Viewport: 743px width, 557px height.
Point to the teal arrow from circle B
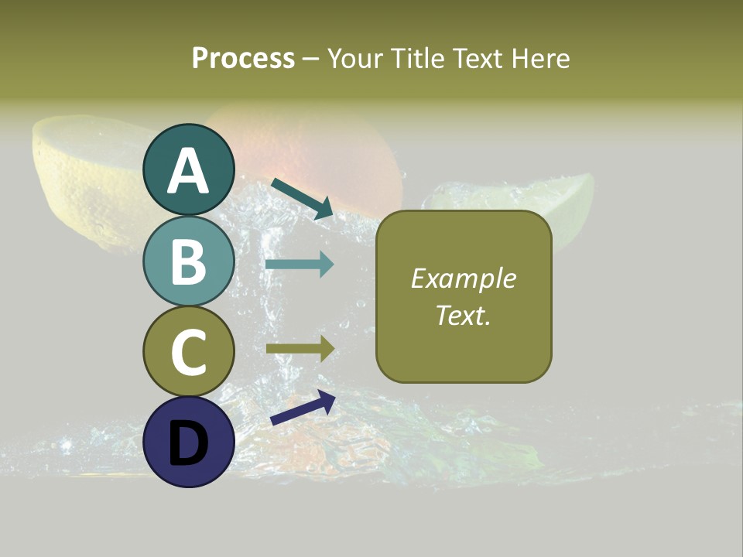tap(300, 265)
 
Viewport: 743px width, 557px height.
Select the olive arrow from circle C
tap(300, 349)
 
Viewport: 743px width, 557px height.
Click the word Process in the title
tap(243, 59)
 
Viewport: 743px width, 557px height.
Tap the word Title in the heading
tap(417, 59)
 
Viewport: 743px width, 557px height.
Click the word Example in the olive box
tap(464, 278)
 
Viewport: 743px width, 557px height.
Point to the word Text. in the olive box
tap(464, 316)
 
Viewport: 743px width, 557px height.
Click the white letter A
tap(188, 172)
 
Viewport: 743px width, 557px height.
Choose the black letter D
tap(188, 443)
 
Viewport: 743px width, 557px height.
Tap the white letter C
tap(188, 352)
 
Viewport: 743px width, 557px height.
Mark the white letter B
tap(188, 262)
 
